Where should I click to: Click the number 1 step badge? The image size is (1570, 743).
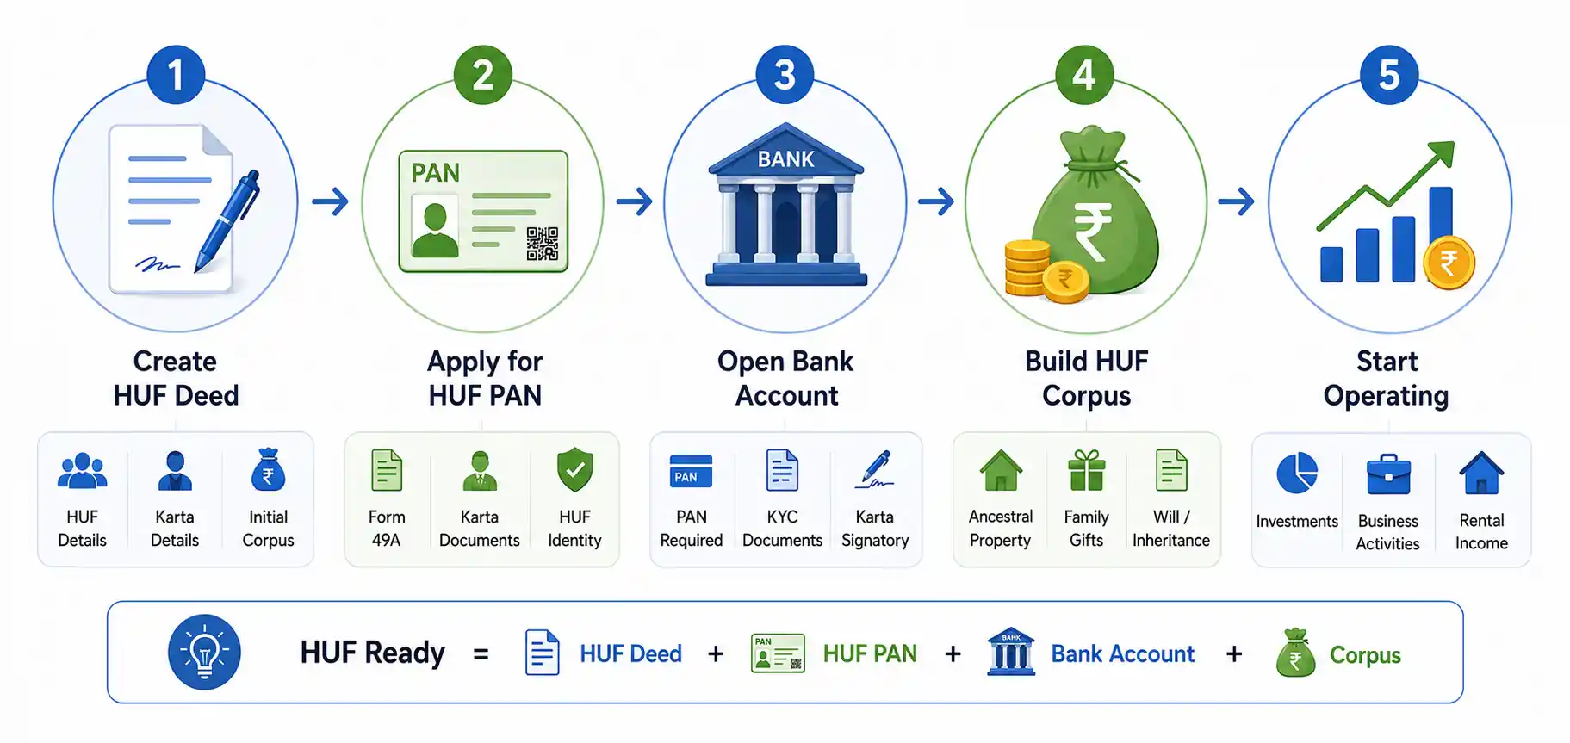(x=176, y=75)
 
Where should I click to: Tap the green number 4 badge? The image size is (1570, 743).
(x=1084, y=75)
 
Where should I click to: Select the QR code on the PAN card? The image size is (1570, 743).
(x=543, y=244)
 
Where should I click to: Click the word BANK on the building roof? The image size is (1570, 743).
(x=785, y=159)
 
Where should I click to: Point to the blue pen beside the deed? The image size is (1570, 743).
(x=227, y=220)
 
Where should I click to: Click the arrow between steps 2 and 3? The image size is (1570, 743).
(x=635, y=202)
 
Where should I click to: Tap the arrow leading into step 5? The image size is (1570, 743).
(x=1236, y=202)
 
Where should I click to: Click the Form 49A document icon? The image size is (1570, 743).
(x=387, y=470)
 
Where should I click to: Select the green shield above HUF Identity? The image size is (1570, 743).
(x=574, y=470)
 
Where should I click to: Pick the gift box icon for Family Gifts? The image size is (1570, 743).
(x=1086, y=470)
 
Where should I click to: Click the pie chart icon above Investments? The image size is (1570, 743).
(x=1297, y=473)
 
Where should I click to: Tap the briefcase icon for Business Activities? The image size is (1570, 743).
(x=1388, y=474)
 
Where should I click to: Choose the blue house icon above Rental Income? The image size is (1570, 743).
(x=1481, y=473)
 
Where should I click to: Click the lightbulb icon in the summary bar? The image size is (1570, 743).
(x=204, y=652)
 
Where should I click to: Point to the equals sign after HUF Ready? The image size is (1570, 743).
(x=481, y=654)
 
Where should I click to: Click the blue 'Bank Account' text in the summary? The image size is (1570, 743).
(x=1122, y=654)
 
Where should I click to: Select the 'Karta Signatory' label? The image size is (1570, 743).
(x=875, y=529)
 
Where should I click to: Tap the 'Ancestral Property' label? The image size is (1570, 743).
(x=1000, y=529)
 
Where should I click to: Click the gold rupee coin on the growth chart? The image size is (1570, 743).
(x=1449, y=263)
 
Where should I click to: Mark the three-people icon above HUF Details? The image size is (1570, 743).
(x=82, y=471)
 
